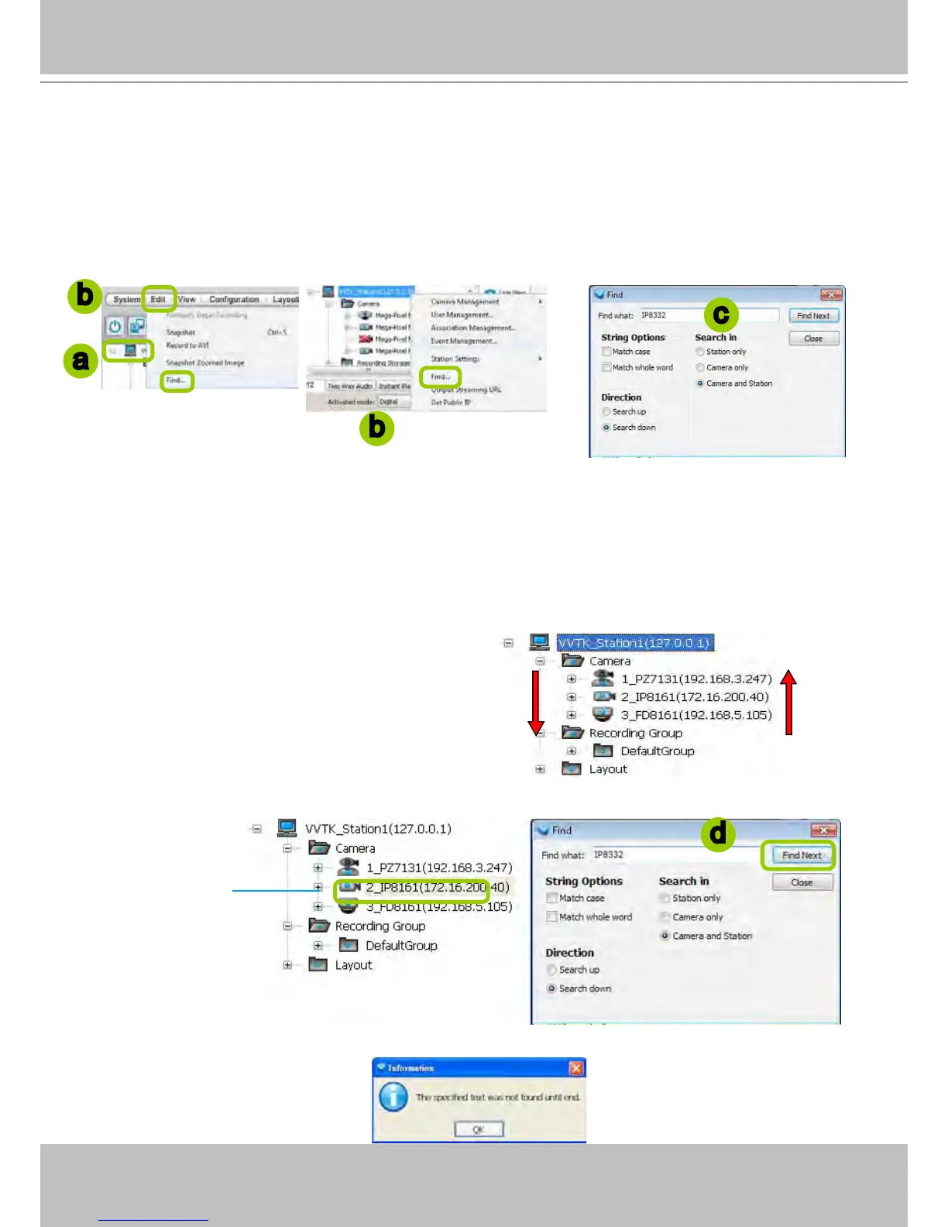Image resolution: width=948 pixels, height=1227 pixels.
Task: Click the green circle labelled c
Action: click(x=721, y=314)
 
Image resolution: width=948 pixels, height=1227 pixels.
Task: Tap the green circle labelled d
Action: click(x=718, y=833)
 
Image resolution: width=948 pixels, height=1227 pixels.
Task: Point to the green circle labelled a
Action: click(x=81, y=360)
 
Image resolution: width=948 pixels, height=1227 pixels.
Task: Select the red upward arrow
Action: click(x=788, y=702)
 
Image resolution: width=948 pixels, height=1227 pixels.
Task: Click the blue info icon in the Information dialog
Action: click(x=393, y=1097)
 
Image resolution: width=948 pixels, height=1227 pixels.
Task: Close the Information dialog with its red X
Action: click(x=576, y=1068)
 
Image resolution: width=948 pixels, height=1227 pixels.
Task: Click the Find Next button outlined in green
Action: click(x=801, y=855)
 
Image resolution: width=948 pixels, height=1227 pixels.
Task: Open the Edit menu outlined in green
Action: click(x=158, y=299)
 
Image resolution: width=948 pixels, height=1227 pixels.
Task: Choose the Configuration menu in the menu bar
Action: click(x=234, y=300)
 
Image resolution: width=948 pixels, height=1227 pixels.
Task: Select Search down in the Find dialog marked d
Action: click(x=551, y=988)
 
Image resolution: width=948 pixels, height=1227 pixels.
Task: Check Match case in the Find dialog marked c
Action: click(x=606, y=352)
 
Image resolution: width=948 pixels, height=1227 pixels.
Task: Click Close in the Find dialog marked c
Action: click(x=813, y=339)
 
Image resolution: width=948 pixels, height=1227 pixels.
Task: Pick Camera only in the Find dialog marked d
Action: click(x=665, y=917)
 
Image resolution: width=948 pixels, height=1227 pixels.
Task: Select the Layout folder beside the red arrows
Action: click(x=607, y=769)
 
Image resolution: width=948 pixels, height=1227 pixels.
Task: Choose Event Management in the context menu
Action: click(x=464, y=341)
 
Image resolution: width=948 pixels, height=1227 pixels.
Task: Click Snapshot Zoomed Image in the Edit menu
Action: click(x=204, y=363)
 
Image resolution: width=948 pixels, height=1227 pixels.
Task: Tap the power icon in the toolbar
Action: click(x=115, y=326)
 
